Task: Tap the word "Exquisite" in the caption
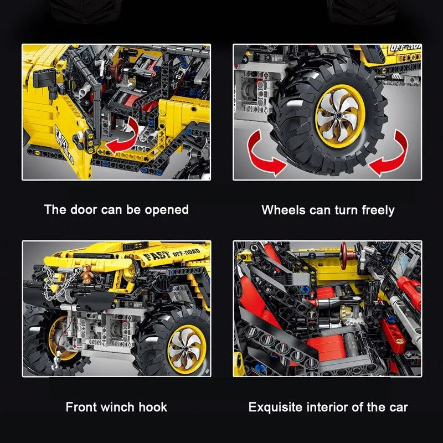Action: pyautogui.click(x=275, y=408)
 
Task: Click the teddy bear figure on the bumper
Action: pyautogui.click(x=87, y=273)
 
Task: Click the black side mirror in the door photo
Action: pyautogui.click(x=46, y=81)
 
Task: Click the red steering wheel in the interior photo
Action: pyautogui.click(x=344, y=255)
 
